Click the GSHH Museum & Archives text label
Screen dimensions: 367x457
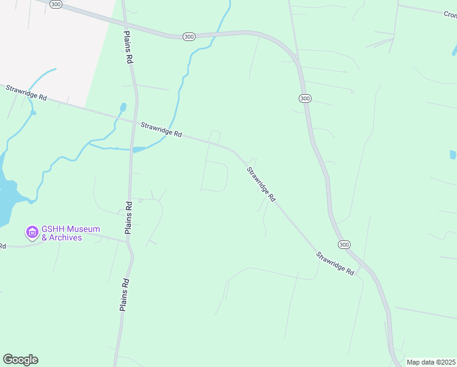click(x=62, y=233)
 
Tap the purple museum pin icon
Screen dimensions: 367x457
click(x=31, y=232)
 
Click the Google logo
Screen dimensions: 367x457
click(x=20, y=360)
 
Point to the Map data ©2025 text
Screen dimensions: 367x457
click(x=431, y=362)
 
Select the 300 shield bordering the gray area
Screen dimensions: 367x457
click(x=56, y=4)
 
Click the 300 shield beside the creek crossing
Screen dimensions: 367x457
click(x=189, y=37)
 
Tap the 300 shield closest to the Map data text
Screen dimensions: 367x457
click(x=345, y=245)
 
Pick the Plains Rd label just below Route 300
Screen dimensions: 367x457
click(x=128, y=48)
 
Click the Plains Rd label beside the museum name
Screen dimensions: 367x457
click(x=128, y=218)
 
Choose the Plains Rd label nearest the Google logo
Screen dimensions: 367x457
click(x=124, y=295)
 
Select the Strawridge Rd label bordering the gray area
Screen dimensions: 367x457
click(x=26, y=93)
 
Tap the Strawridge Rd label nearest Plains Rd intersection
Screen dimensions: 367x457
click(x=161, y=129)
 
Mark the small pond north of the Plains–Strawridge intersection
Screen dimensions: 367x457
click(x=123, y=108)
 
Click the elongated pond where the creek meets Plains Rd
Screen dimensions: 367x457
click(x=139, y=149)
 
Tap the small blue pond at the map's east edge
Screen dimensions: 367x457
click(x=453, y=155)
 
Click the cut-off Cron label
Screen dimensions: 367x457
click(x=450, y=14)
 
